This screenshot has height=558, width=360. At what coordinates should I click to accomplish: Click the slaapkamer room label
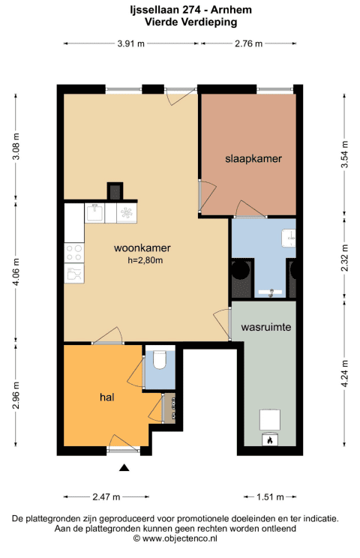coord(253,159)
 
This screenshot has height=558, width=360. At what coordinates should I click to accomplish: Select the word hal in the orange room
coord(106,397)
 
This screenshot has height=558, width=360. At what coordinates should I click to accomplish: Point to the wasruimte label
coord(266,327)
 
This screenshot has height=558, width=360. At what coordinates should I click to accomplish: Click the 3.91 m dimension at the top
coord(131,43)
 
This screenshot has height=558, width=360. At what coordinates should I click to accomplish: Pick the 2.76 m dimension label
coord(248,43)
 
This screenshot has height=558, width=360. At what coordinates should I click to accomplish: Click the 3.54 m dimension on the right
coord(344,154)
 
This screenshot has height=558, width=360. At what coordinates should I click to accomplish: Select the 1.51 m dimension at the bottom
coord(270,496)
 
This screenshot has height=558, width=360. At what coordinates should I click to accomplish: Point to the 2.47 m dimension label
coord(106,496)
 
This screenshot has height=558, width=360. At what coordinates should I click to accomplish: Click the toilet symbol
coord(160,359)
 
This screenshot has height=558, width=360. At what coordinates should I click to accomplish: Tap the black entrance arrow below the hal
coord(124,467)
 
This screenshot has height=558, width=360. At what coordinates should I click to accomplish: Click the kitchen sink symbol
coord(94,213)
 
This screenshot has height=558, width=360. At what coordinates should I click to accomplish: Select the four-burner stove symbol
coord(74,252)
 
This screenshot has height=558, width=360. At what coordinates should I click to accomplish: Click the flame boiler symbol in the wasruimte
coord(270,439)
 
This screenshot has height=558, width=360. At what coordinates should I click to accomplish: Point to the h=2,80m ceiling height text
coord(145,260)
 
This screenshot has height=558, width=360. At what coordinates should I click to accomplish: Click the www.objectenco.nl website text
coord(180,538)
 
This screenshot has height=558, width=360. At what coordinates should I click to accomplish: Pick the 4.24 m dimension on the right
coord(344,373)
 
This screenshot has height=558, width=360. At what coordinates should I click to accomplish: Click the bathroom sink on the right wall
coord(289,238)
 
